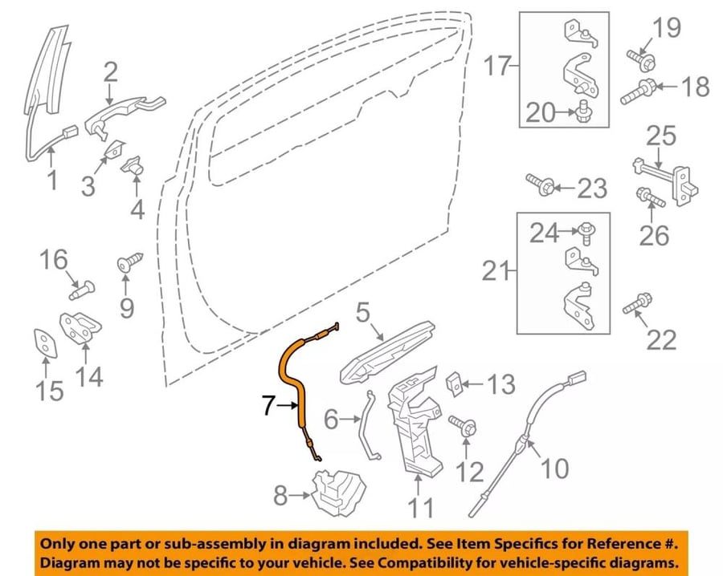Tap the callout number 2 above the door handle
110,73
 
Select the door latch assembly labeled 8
339,493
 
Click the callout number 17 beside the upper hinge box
497,65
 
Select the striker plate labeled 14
80,327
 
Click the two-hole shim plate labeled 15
46,343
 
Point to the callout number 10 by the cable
554,469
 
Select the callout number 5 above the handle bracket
363,312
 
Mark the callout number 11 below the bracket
420,508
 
